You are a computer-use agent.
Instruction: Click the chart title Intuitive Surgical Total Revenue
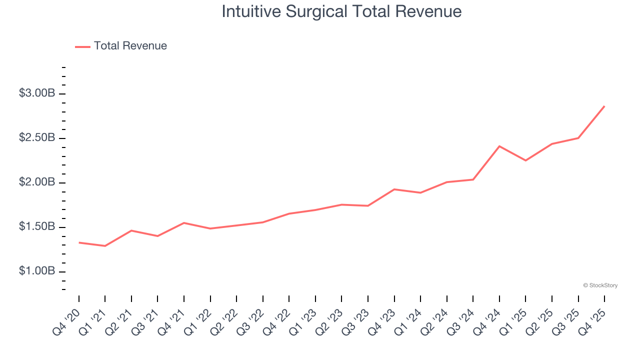click(x=341, y=11)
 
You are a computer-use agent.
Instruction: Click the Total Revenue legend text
click(x=130, y=46)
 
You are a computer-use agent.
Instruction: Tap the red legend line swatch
click(x=82, y=46)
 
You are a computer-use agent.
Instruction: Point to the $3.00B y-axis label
click(x=37, y=93)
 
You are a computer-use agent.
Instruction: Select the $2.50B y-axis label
click(x=37, y=138)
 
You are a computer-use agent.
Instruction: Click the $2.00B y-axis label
click(x=37, y=182)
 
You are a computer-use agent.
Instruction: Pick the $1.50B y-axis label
click(x=37, y=227)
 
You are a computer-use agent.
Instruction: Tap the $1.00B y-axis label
click(x=37, y=271)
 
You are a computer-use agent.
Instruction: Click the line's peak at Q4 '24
click(x=499, y=146)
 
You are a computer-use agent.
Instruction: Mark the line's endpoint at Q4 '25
click(x=604, y=106)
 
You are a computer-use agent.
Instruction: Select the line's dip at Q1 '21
click(x=105, y=246)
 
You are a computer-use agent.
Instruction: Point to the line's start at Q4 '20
click(x=79, y=242)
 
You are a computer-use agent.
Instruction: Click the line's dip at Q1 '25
click(x=525, y=160)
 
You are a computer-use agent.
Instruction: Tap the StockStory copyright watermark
click(x=600, y=285)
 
